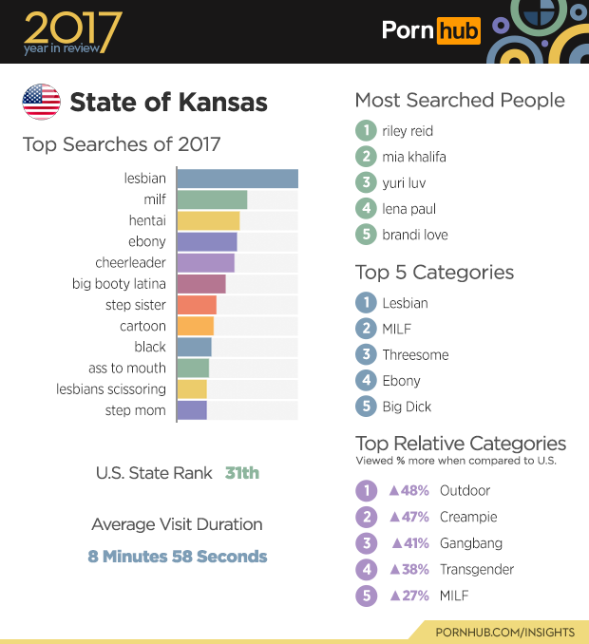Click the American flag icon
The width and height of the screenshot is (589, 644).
pyautogui.click(x=41, y=102)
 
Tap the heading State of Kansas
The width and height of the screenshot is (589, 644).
pyautogui.click(x=169, y=102)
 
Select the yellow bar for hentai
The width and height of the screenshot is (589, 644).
pyautogui.click(x=208, y=220)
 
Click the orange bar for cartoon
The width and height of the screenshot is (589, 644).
pyautogui.click(x=196, y=326)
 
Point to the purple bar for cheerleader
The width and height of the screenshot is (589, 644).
pyautogui.click(x=205, y=262)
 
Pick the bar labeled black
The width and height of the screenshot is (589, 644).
pyautogui.click(x=194, y=347)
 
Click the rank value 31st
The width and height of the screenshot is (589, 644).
pyautogui.click(x=242, y=472)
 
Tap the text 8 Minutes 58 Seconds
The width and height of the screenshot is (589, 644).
pyautogui.click(x=178, y=557)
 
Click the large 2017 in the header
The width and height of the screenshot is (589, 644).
pyautogui.click(x=73, y=28)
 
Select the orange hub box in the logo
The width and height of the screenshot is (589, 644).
pyautogui.click(x=458, y=31)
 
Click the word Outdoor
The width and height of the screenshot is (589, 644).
pyautogui.click(x=465, y=491)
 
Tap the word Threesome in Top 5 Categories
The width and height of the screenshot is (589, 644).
pyautogui.click(x=415, y=355)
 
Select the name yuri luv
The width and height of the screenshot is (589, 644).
pyautogui.click(x=404, y=182)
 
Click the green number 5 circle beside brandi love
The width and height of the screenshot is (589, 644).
pyautogui.click(x=365, y=235)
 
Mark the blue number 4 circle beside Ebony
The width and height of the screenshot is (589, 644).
pyautogui.click(x=365, y=381)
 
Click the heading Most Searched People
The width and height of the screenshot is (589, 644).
pyautogui.click(x=460, y=101)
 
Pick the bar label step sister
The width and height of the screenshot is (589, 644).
pyautogui.click(x=136, y=305)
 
